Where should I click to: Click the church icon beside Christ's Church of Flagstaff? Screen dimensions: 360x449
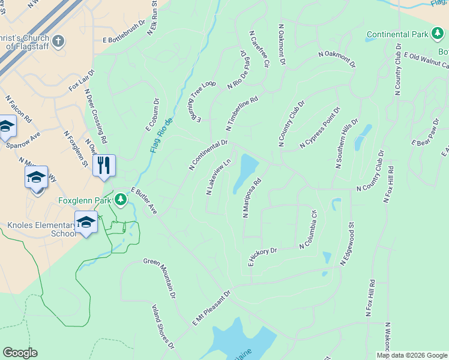pos(58,41)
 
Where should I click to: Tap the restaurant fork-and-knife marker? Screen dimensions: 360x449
pos(104,165)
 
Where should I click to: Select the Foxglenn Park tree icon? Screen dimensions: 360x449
pos(121,199)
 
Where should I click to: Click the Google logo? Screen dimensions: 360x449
pos(20,353)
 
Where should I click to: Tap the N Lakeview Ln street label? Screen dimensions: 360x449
pos(218,177)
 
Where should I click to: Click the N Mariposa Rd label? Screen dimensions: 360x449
pos(252,198)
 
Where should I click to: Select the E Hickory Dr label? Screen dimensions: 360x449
pos(262,257)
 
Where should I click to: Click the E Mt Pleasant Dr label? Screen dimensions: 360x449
pos(211,309)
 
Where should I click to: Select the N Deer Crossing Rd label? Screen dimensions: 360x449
pos(96,118)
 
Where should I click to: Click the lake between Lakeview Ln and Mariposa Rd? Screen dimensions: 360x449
pos(246,172)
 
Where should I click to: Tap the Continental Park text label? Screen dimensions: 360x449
pos(397,35)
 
